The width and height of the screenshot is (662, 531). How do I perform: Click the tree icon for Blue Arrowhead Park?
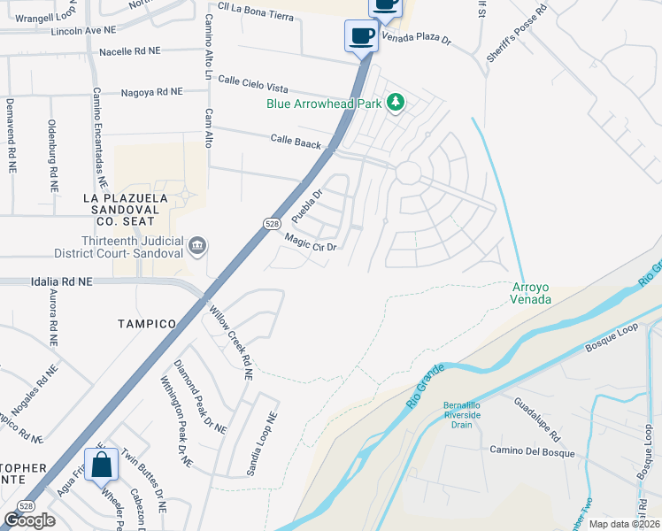(396, 103)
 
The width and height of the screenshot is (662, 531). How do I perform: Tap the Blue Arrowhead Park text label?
(324, 104)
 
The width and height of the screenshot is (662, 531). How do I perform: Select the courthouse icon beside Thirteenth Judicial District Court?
(196, 244)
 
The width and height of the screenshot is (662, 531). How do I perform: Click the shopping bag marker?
(102, 464)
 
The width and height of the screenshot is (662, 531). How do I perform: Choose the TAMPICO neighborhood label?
(147, 324)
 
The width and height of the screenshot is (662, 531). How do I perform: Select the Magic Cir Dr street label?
(312, 241)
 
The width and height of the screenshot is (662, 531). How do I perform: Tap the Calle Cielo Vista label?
(253, 84)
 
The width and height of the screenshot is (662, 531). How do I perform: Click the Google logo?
(29, 520)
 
